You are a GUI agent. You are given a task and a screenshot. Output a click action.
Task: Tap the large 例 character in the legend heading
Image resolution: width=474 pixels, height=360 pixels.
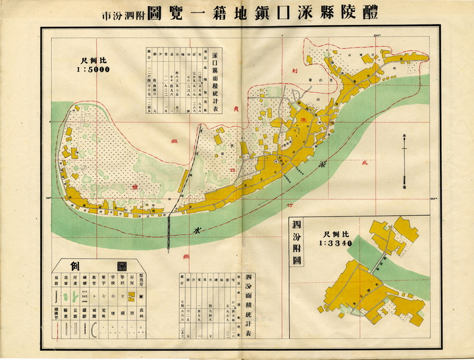pos(75,267)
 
